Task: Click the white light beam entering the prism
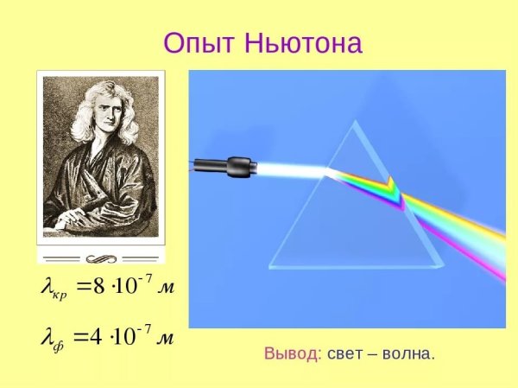[x=285, y=170]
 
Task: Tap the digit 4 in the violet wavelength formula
[x=97, y=336]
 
